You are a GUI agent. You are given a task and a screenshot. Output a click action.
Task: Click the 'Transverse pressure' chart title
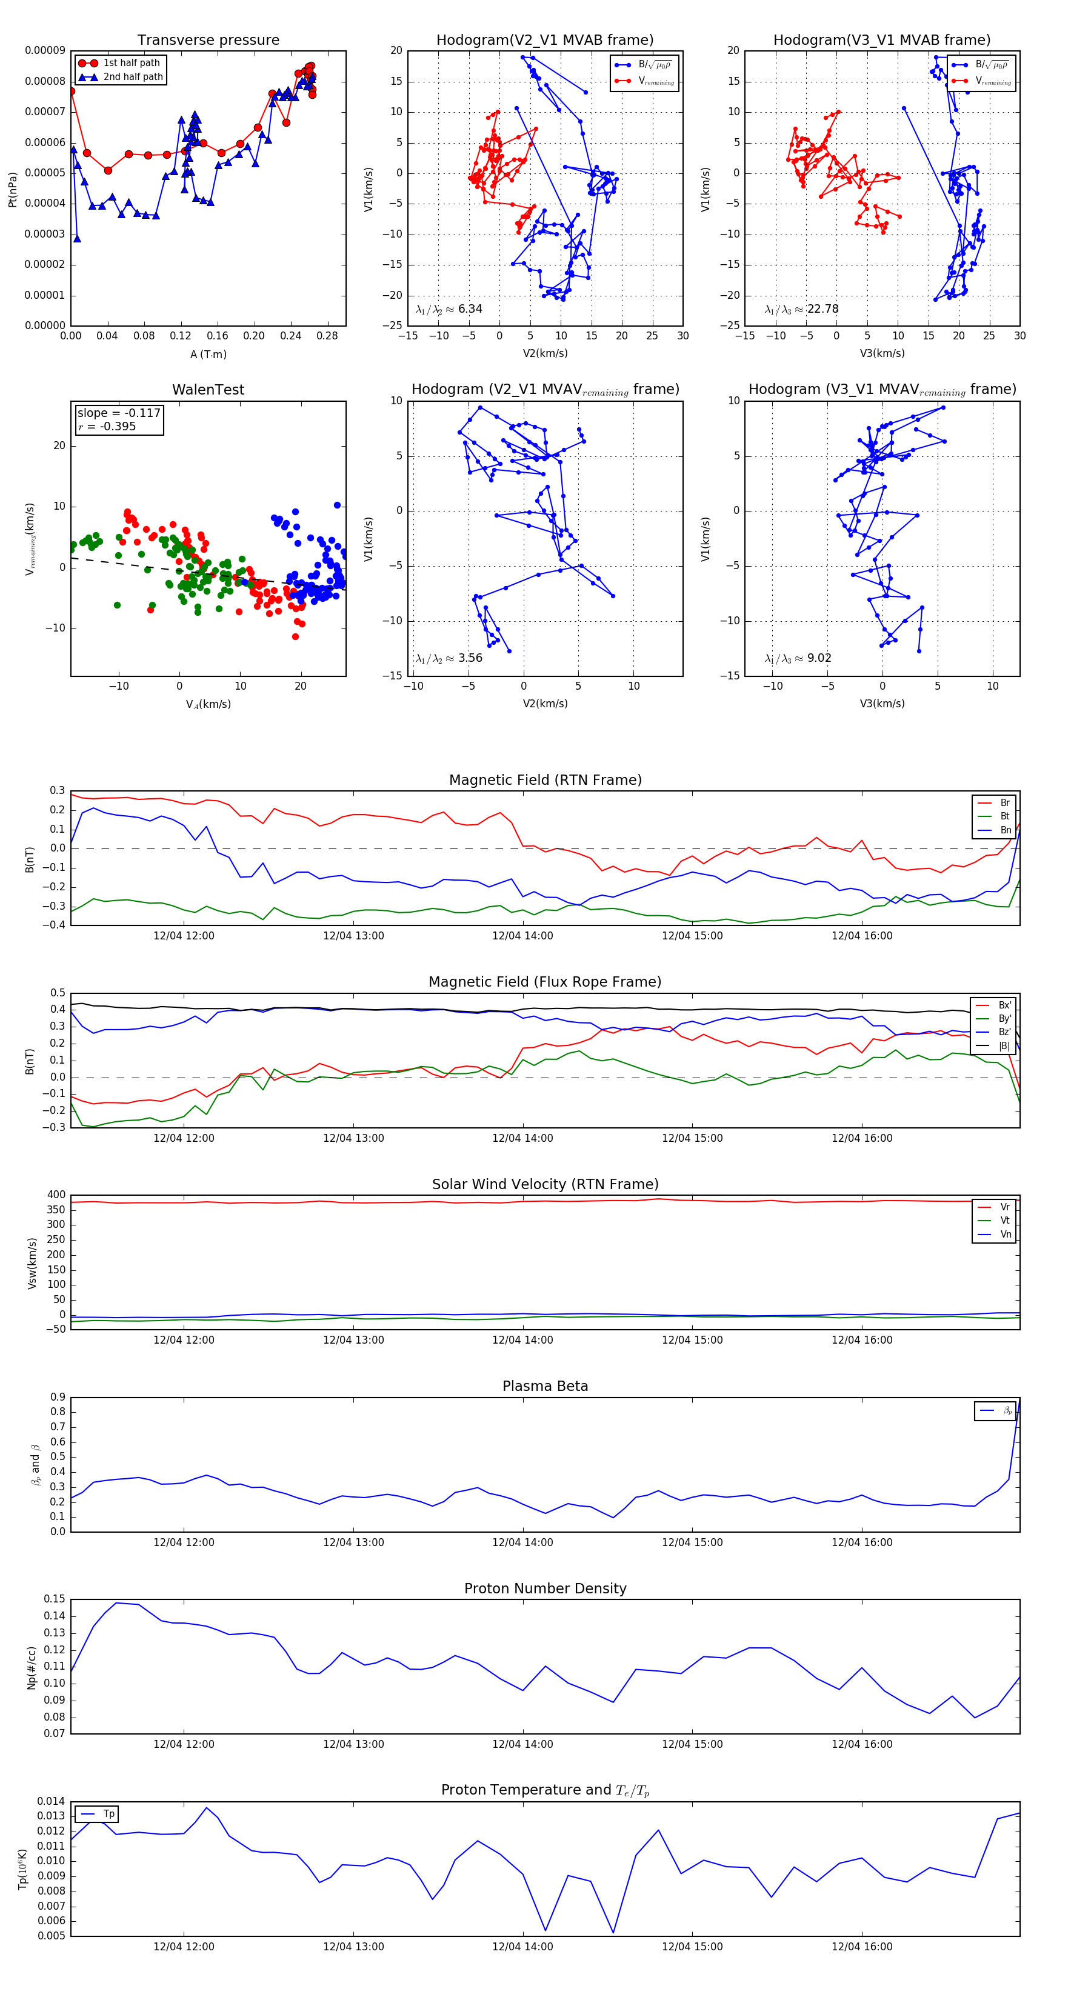click(208, 41)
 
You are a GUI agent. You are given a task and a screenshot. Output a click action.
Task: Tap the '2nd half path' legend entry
click(133, 77)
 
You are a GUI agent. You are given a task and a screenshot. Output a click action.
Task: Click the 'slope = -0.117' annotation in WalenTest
click(119, 413)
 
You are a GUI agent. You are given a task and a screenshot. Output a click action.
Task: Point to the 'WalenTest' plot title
click(208, 390)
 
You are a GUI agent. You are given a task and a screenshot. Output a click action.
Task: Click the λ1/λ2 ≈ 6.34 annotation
click(449, 309)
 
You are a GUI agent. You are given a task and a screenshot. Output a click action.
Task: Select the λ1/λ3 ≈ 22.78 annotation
click(801, 309)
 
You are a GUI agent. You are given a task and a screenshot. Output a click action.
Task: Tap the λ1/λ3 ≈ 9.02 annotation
click(798, 658)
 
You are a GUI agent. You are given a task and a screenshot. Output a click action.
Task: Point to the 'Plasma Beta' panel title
click(545, 1387)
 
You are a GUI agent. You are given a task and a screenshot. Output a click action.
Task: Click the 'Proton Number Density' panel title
click(545, 1588)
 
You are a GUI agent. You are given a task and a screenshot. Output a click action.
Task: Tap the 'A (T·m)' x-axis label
click(208, 355)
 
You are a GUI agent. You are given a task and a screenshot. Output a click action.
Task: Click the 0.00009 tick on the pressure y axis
click(45, 52)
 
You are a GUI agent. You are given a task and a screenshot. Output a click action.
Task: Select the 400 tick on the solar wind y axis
click(56, 1195)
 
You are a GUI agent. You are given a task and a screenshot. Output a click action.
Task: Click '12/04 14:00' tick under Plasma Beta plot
click(522, 1542)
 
